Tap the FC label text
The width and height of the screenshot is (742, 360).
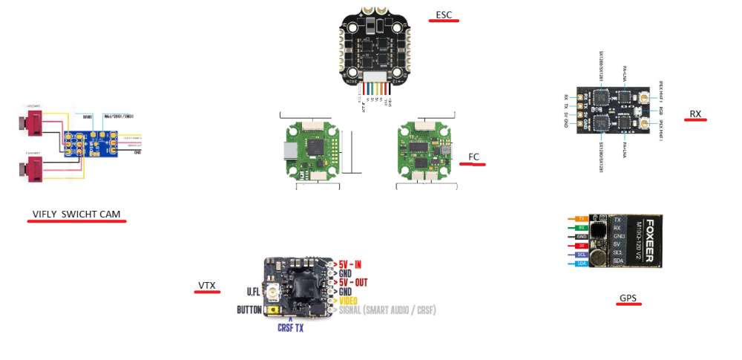click(473, 157)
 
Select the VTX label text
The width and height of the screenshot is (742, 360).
click(206, 286)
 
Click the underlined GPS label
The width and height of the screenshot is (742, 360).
click(628, 298)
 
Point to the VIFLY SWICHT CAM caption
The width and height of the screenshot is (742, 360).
click(76, 215)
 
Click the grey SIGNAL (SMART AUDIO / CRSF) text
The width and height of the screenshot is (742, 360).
click(387, 310)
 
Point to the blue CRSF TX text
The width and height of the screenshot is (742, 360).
click(290, 327)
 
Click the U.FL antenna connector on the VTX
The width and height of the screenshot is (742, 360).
click(273, 292)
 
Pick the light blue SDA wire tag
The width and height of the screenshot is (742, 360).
click(581, 263)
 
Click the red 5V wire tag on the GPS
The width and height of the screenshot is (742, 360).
click(581, 245)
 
